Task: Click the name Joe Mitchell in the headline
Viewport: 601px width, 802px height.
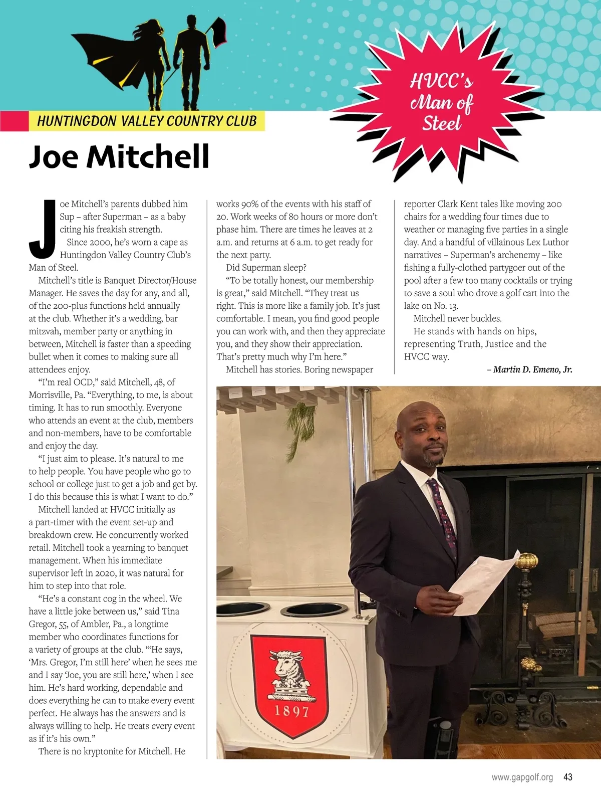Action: click(119, 157)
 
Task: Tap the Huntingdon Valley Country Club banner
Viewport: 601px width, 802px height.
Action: click(147, 121)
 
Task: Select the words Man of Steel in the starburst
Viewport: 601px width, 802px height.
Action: click(441, 113)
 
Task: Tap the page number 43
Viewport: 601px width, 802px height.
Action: click(567, 777)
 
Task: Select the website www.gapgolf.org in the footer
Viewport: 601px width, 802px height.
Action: click(522, 777)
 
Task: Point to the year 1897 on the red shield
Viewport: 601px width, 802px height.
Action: click(291, 711)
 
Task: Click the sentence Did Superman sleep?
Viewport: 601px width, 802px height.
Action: click(266, 268)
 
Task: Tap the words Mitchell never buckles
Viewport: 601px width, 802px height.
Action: click(457, 318)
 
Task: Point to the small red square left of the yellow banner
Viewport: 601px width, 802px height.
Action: click(14, 121)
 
